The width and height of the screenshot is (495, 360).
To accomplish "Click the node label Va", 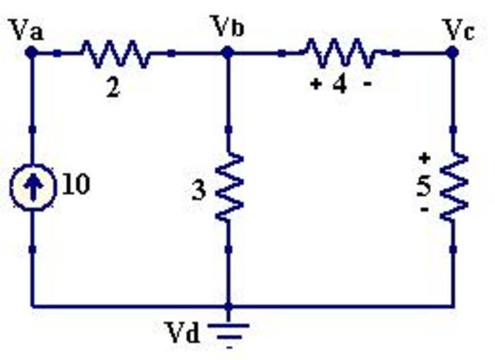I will (x=27, y=30).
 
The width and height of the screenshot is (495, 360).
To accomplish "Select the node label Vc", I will (x=459, y=30).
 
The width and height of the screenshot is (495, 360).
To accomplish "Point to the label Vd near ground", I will (x=182, y=331).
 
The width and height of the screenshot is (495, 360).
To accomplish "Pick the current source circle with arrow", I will (x=32, y=187).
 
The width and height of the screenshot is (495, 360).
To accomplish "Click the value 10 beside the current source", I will (x=76, y=185).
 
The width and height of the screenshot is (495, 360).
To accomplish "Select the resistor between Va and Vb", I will (x=114, y=53).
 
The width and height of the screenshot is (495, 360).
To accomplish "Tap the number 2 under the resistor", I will (x=112, y=89).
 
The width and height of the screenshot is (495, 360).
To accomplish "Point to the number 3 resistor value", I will (x=199, y=191).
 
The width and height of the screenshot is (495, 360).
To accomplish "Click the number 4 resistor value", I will (x=340, y=85).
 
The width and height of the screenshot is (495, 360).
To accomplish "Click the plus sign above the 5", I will (x=424, y=158).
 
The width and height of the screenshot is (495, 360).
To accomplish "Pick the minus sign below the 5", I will (x=424, y=210).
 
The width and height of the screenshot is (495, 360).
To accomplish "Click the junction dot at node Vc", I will (x=453, y=52).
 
